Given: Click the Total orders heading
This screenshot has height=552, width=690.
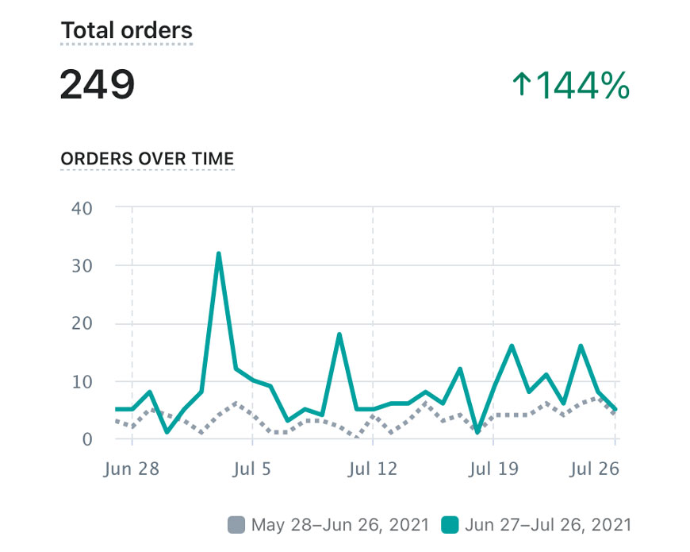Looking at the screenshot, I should click(127, 31).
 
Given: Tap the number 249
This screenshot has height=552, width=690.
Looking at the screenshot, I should click(97, 85).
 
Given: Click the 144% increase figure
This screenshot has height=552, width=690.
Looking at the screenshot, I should click(583, 85).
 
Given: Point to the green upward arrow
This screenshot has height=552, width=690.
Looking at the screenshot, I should click(521, 85).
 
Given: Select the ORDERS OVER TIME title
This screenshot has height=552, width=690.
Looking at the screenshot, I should click(148, 158).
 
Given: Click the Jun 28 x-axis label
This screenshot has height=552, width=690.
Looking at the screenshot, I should click(132, 469).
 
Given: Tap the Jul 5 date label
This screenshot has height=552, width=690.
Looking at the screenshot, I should click(252, 469).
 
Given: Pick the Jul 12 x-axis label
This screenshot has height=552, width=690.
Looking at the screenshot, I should click(373, 469).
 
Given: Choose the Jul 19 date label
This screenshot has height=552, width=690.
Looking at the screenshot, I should click(493, 469).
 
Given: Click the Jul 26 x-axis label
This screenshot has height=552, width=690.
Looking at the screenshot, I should click(593, 469).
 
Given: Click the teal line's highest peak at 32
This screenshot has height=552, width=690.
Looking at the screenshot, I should click(218, 254).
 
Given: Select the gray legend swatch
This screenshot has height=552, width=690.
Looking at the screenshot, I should click(236, 524).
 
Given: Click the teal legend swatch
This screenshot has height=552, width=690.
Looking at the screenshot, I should click(450, 524).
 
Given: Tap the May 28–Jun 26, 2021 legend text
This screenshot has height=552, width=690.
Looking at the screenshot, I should click(339, 524).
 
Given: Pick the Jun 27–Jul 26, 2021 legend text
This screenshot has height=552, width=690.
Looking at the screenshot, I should click(549, 524).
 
